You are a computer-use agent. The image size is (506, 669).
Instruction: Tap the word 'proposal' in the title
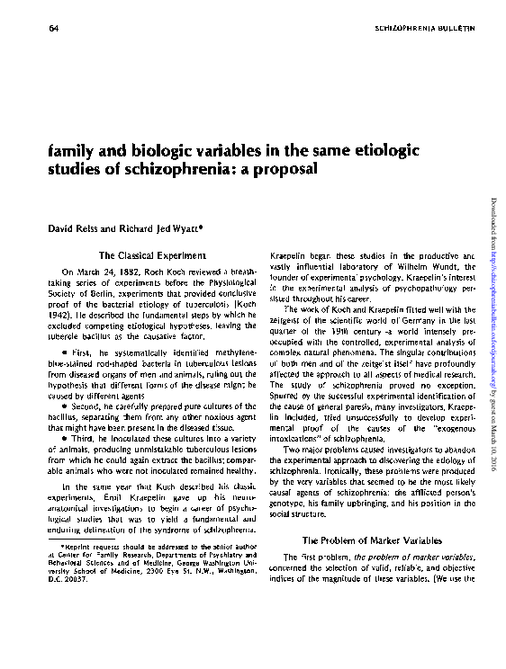click(x=290, y=168)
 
